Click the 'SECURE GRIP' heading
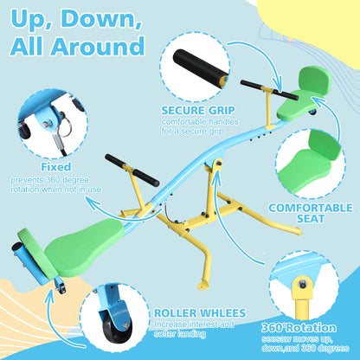[x=198, y=111]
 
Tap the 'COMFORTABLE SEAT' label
[x=311, y=213]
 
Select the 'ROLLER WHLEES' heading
[x=200, y=313]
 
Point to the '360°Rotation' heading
[x=299, y=328]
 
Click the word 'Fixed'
[x=56, y=167]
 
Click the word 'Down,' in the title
[x=102, y=18]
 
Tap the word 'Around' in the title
[x=98, y=46]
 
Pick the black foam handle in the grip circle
[x=200, y=67]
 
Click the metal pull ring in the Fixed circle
[x=66, y=128]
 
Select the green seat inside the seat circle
[x=309, y=164]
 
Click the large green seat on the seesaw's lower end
[x=84, y=243]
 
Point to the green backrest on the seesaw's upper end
[x=315, y=80]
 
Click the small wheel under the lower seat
[x=61, y=288]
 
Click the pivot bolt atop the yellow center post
[x=219, y=164]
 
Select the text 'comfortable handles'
[x=200, y=122]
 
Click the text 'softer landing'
[x=180, y=334]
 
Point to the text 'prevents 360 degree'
[x=49, y=180]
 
